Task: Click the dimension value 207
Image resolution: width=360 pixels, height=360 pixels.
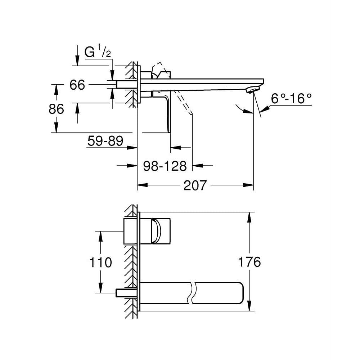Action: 195,185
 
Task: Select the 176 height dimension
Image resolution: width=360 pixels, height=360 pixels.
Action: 249,262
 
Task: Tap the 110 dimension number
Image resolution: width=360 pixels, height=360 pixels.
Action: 100,262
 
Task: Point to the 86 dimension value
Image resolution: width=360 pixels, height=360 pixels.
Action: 56,109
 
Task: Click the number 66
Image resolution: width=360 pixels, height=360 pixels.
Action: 77,85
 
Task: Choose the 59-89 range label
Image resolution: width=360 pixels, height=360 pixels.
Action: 105,141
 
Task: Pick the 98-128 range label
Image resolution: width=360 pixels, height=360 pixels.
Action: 165,166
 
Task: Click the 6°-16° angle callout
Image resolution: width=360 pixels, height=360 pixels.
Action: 291,98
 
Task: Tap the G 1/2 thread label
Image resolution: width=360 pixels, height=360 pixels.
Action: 97,53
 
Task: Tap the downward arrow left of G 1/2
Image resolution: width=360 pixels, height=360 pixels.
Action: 77,59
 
